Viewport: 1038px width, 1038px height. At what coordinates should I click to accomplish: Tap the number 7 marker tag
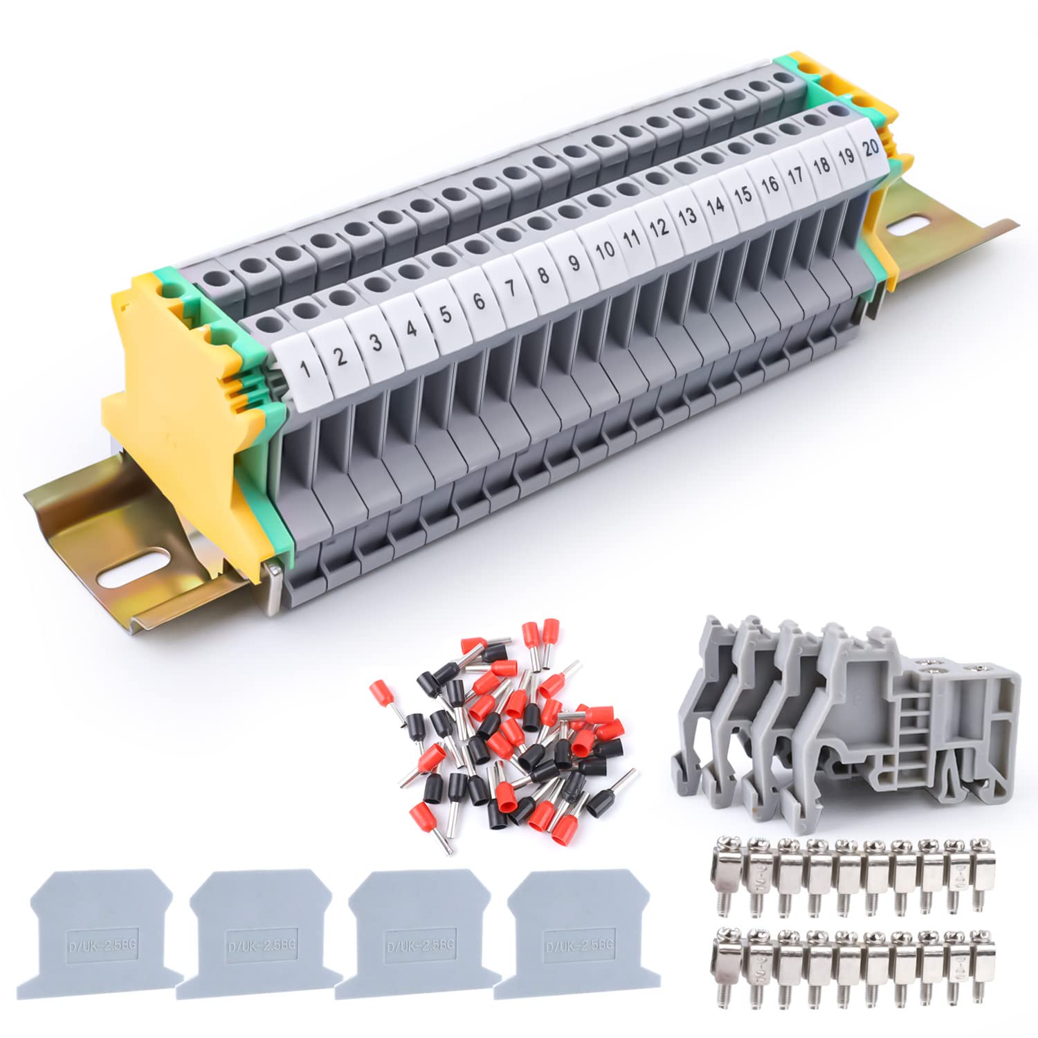(x=510, y=288)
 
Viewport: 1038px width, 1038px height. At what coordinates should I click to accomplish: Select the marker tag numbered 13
(x=687, y=217)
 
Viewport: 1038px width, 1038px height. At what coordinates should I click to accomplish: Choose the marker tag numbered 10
(x=605, y=250)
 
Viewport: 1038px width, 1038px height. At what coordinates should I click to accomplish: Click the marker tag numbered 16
(x=770, y=184)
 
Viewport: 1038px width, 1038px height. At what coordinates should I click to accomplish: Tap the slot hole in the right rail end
(x=913, y=227)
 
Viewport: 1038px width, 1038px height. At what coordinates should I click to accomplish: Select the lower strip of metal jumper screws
(x=848, y=963)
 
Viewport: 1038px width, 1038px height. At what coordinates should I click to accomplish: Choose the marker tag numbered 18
(x=821, y=165)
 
